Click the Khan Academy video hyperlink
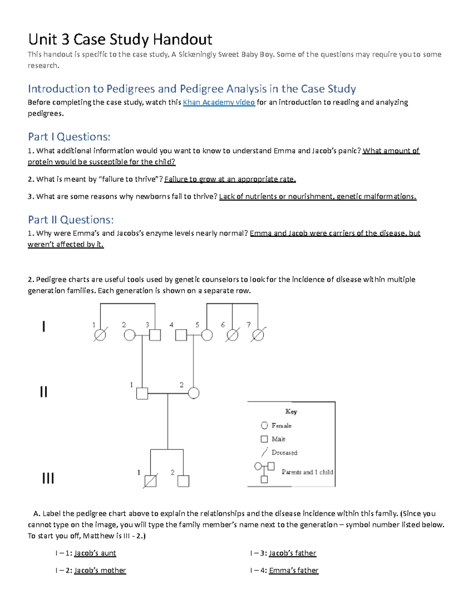(219, 102)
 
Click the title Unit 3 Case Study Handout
(120, 39)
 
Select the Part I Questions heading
(69, 137)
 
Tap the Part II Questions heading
(71, 219)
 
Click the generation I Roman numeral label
(44, 326)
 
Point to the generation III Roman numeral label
(48, 478)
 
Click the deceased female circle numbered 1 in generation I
(100, 335)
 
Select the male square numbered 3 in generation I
(155, 335)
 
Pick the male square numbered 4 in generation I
(181, 335)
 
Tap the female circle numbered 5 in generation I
(207, 335)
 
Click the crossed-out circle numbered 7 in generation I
(258, 335)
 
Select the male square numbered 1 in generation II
(142, 394)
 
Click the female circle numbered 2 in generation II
(194, 393)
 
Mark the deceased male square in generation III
(151, 481)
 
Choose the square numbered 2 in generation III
(183, 481)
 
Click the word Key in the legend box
(291, 411)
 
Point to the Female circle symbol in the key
(264, 425)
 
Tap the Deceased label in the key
(284, 452)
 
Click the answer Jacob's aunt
(95, 553)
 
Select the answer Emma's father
(294, 570)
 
